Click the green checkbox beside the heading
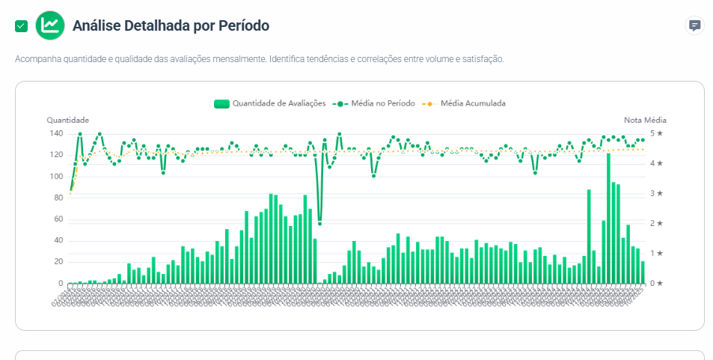pos(21,26)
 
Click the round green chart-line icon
pos(50,25)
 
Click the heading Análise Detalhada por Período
pos(171,25)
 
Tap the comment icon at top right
pos(694,25)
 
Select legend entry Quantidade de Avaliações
pos(269,103)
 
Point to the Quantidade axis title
pos(68,120)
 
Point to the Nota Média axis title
pos(645,120)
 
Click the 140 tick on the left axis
pos(56,133)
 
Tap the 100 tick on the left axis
pos(56,177)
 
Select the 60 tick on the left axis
pos(58,219)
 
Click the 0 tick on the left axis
pos(61,284)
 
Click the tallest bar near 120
pos(608,217)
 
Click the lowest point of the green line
pos(319,223)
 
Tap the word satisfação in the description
pos(482,58)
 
